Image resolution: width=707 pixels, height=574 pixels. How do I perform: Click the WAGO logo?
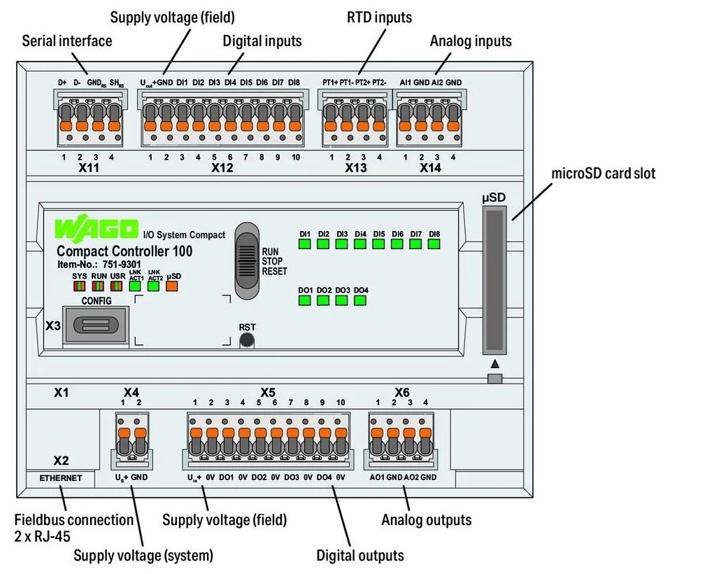point(97,229)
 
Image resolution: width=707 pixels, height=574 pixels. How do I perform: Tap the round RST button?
point(246,341)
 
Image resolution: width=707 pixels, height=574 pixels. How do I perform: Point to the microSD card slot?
point(494,280)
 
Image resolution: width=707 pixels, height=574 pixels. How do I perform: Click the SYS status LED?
point(80,286)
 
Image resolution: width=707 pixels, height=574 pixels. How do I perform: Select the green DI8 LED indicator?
point(434,244)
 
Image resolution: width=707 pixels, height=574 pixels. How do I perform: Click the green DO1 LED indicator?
point(305,300)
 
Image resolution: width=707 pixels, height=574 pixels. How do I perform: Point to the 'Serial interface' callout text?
point(67,41)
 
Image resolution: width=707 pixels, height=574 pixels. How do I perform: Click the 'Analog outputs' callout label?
point(426,519)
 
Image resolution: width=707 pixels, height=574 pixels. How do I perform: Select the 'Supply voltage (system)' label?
point(143,556)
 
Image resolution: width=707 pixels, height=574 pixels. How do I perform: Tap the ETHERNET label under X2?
point(61,478)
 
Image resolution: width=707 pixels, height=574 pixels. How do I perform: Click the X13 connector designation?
point(355,169)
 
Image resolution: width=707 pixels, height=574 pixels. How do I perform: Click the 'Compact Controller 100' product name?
point(124,251)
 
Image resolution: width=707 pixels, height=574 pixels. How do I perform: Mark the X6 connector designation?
point(401,392)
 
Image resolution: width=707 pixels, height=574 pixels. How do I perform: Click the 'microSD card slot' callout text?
point(604,173)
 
